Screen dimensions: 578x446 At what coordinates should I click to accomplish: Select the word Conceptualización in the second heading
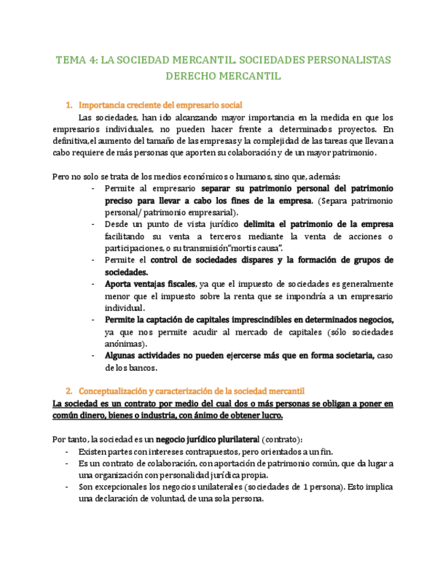(114, 391)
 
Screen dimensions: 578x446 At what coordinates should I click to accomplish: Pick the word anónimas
(125, 344)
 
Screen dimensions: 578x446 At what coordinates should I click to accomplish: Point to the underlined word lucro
(268, 416)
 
